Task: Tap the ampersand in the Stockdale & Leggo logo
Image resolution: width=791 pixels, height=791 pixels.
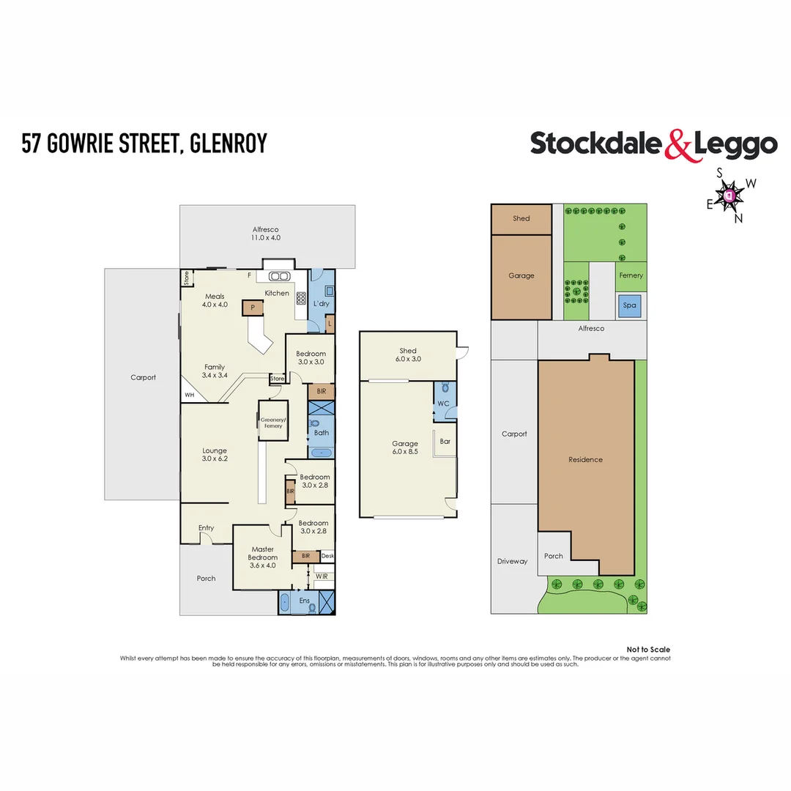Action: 677,144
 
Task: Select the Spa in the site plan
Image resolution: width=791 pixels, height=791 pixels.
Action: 628,305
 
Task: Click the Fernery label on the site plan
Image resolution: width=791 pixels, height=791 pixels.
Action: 631,275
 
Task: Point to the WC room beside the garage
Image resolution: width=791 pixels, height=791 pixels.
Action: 443,404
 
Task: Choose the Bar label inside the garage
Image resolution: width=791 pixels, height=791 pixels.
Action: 445,442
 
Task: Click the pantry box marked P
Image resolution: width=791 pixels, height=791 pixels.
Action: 253,308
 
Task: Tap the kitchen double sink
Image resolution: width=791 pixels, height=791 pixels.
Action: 279,276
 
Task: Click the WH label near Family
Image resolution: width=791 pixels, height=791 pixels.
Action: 190,395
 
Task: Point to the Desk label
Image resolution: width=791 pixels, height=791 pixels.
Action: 327,556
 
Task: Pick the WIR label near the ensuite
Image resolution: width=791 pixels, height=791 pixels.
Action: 322,576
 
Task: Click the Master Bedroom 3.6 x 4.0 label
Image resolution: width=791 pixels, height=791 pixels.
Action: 262,557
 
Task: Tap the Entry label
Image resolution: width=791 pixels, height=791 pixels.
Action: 206,528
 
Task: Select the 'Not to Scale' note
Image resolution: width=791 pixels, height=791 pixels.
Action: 648,650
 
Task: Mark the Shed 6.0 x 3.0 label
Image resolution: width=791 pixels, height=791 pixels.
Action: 408,354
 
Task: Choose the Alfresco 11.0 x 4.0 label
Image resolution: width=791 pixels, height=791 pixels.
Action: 267,234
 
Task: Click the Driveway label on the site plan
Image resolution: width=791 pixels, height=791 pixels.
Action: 512,561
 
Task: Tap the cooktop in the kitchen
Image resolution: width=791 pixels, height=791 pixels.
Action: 300,298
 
